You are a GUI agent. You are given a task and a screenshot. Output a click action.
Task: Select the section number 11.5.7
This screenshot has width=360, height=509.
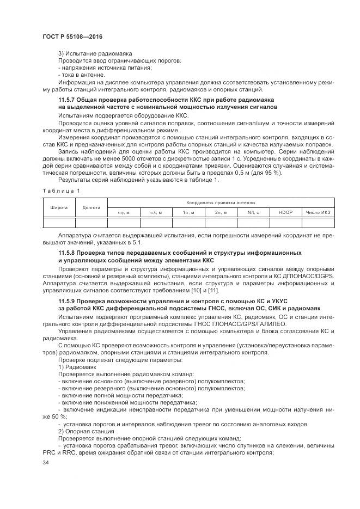click(x=68, y=101)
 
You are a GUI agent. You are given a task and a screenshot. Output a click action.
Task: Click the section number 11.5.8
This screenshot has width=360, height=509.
click(x=68, y=253)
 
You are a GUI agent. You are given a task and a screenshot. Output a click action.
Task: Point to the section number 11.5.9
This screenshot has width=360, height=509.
click(x=68, y=301)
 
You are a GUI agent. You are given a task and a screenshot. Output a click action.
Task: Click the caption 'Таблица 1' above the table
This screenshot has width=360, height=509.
click(x=61, y=190)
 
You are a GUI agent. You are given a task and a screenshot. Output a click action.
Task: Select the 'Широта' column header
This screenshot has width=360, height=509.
click(x=59, y=207)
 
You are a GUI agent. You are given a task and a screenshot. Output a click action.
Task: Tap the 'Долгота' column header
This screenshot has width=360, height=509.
click(x=91, y=207)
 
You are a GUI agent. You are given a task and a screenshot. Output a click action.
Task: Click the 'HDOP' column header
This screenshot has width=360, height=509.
click(x=285, y=212)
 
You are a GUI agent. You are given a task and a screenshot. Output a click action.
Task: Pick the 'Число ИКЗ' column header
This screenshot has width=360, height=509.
click(x=318, y=212)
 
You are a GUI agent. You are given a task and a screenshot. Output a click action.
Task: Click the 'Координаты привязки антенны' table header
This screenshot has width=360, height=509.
click(x=221, y=202)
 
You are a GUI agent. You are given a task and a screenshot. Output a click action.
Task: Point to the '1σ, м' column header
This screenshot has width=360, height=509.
click(x=188, y=212)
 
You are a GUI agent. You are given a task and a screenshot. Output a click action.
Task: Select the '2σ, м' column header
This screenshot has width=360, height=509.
click(x=221, y=212)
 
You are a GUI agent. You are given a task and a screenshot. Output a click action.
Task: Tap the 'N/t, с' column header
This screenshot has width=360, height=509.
click(x=253, y=212)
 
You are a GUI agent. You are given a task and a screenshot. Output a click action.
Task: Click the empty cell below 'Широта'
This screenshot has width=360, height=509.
click(x=59, y=222)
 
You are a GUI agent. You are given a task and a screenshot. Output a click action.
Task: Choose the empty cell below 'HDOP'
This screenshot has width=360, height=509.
click(x=285, y=222)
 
